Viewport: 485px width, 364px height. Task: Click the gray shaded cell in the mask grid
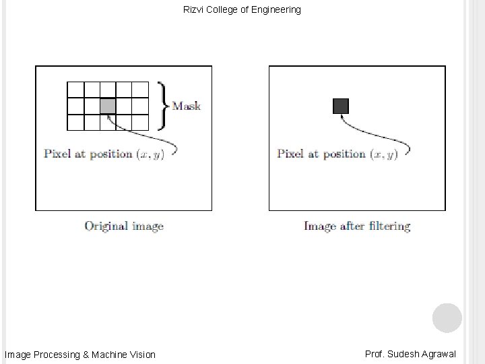(108, 106)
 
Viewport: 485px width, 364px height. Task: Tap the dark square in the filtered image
(341, 106)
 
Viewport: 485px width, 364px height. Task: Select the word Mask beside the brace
(187, 106)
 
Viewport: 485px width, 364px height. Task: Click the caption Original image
(124, 226)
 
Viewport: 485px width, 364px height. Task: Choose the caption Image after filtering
(357, 226)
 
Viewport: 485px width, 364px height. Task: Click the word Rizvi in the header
(194, 10)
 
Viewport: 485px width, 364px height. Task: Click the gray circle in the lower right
(447, 317)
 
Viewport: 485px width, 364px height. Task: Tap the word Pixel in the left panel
(57, 154)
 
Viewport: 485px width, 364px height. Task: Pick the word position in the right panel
(342, 154)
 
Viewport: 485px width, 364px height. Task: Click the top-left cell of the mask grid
(75, 89)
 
